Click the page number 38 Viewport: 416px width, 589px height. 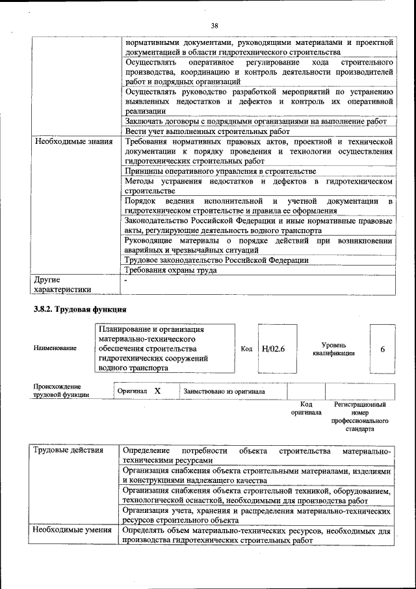point(214,25)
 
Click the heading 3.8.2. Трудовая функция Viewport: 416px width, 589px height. point(79,308)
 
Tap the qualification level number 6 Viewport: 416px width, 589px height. point(382,349)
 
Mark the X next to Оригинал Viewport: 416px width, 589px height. point(157,391)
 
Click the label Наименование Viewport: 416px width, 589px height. point(55,348)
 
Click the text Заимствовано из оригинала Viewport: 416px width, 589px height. point(224,392)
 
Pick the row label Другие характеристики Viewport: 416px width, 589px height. point(62,284)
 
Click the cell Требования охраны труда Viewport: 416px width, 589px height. point(171,270)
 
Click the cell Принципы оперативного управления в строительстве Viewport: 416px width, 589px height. point(215,171)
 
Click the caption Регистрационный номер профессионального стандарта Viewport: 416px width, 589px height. point(359,417)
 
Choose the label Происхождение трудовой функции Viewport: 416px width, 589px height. point(62,391)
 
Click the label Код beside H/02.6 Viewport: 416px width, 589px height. point(246,349)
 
